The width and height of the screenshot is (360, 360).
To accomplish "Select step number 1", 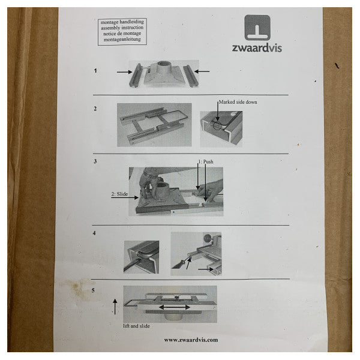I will tap(95, 71).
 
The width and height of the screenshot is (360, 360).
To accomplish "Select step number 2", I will tap(95, 109).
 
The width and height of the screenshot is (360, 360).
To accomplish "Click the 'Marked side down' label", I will tap(239, 103).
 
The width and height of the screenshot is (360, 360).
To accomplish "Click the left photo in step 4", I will tap(142, 257).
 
